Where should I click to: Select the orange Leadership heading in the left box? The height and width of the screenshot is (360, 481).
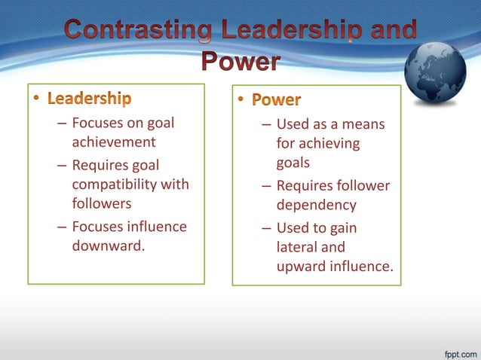click(x=90, y=99)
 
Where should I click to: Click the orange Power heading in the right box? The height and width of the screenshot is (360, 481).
click(x=276, y=99)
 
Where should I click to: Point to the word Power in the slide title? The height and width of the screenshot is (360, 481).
click(x=240, y=61)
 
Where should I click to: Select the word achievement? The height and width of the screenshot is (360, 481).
click(x=114, y=142)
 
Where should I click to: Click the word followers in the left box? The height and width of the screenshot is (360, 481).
click(x=102, y=203)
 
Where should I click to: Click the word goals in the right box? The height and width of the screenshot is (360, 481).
click(x=293, y=163)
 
